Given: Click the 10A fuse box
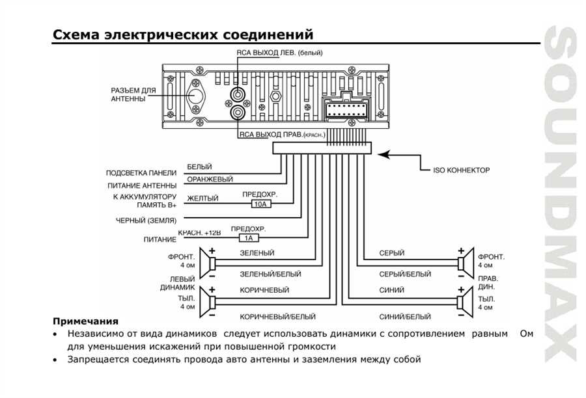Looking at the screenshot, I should [x=260, y=204].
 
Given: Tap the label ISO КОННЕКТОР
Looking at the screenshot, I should [x=461, y=170].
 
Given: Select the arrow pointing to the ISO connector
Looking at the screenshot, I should [x=397, y=155].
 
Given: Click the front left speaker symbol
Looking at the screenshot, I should [x=210, y=265].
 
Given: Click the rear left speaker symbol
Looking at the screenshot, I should [x=210, y=302].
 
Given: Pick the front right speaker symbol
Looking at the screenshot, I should [x=464, y=265].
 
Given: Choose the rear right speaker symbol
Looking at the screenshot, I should [x=464, y=302].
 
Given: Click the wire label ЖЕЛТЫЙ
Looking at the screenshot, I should [x=202, y=198].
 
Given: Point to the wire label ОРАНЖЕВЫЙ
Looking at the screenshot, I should [x=210, y=179].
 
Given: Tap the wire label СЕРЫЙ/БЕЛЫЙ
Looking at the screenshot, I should [x=405, y=274].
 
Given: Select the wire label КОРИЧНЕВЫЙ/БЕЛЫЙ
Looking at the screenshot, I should [x=268, y=317].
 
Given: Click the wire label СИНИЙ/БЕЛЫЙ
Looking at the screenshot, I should [x=405, y=317].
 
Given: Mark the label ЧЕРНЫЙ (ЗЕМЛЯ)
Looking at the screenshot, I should [x=146, y=220].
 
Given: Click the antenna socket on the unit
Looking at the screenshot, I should [x=196, y=95].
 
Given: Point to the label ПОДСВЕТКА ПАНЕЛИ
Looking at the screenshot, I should [x=141, y=173].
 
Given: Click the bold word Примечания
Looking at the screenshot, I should [x=85, y=321].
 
